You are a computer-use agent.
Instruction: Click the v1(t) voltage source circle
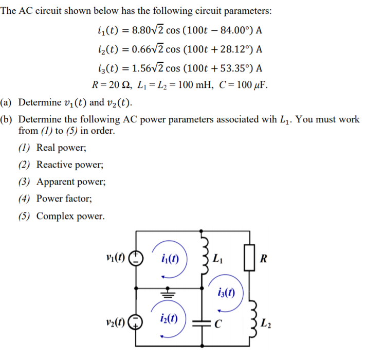136,257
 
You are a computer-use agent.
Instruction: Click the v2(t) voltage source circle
136,323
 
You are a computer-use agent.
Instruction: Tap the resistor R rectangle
250,258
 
